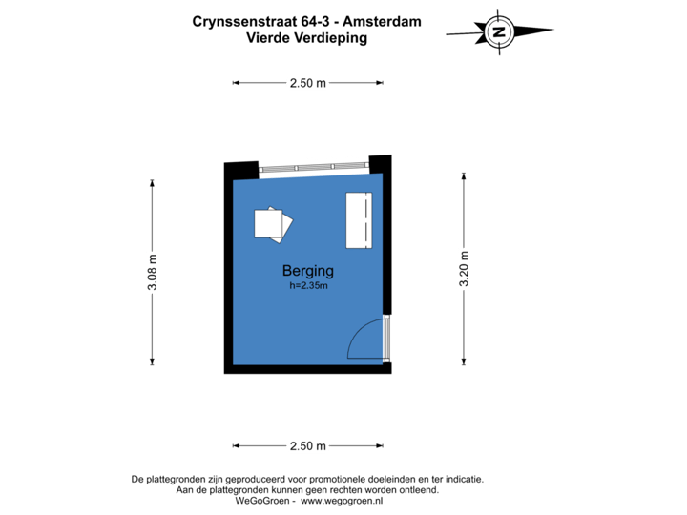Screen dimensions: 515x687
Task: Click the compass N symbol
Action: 497,31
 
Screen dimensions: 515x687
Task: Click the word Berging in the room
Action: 307,271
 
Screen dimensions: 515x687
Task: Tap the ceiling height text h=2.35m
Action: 307,285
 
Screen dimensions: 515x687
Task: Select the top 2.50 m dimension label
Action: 307,83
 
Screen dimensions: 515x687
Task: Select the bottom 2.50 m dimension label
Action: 307,445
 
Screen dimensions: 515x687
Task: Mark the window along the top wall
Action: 313,167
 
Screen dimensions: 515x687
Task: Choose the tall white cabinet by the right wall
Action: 359,220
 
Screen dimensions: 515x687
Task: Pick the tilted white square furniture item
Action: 272,222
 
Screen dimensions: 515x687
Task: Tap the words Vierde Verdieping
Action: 306,38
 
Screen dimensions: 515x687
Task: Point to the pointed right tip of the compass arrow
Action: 552,31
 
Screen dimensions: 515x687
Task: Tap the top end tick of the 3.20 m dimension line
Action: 465,175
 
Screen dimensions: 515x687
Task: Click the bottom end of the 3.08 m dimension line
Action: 153,364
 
